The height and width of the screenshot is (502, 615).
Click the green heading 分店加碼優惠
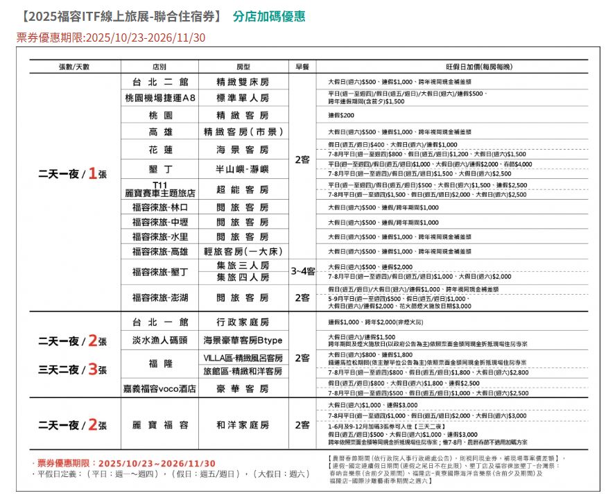click(269, 16)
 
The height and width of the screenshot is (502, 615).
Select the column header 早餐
click(302, 67)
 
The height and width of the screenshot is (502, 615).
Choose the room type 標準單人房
click(242, 98)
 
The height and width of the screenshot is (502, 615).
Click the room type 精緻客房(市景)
click(242, 132)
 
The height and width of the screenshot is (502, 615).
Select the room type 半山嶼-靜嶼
click(242, 169)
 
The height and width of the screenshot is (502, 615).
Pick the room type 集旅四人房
click(242, 277)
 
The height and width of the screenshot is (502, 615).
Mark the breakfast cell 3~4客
click(302, 272)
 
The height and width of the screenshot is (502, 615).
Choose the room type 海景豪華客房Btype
click(242, 340)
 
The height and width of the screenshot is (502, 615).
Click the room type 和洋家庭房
click(242, 425)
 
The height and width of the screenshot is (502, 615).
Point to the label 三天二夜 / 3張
click(73, 370)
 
